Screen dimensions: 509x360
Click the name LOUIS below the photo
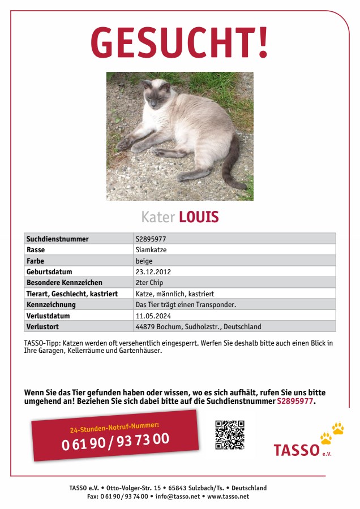click(x=199, y=217)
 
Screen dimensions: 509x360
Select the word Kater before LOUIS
click(x=158, y=217)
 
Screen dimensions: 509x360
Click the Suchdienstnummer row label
click(x=57, y=239)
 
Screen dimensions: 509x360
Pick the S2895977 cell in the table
click(x=151, y=239)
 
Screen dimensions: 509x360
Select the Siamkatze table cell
click(x=151, y=249)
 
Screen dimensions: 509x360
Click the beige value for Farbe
click(x=144, y=261)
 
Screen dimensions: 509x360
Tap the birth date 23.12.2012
click(x=153, y=271)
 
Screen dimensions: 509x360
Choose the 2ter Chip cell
click(x=149, y=282)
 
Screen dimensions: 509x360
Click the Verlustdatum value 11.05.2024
click(x=153, y=316)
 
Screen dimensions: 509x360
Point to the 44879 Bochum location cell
click(x=198, y=326)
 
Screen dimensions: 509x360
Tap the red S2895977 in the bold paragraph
click(x=295, y=401)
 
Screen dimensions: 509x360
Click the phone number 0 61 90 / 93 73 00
click(x=115, y=441)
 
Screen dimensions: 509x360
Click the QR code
click(x=229, y=434)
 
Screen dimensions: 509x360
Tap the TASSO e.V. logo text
click(x=297, y=450)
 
